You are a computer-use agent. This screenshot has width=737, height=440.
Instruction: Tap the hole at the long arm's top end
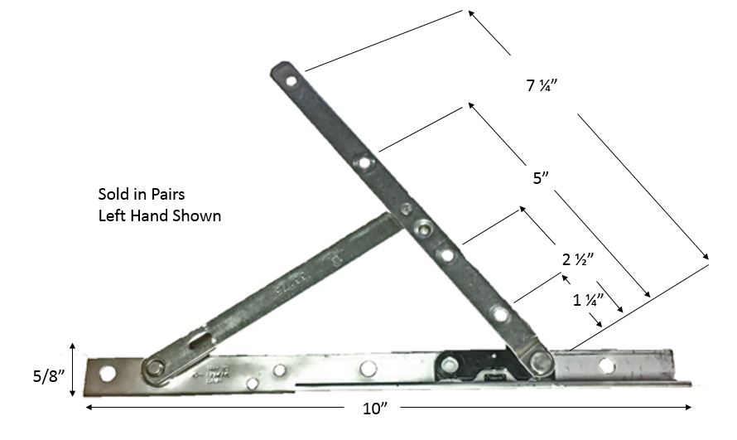tap(291, 81)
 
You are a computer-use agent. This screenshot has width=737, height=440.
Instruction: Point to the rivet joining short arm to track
tap(153, 368)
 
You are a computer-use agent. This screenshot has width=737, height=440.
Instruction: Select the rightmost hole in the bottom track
tap(606, 365)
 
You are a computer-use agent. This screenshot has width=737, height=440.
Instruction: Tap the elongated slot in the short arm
tap(200, 340)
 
